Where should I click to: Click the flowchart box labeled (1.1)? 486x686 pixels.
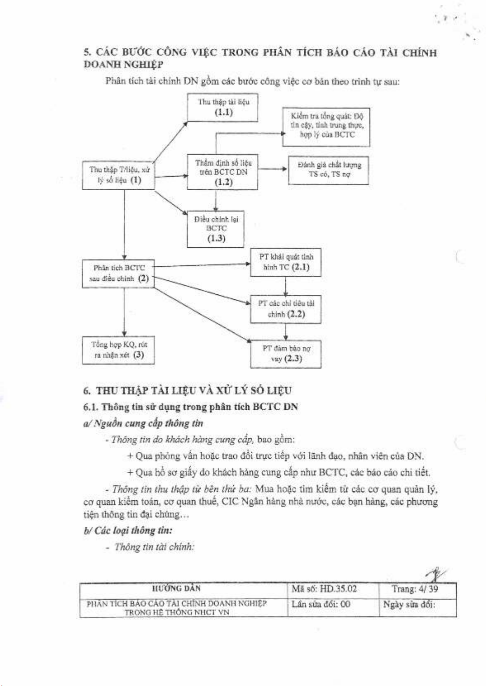223,107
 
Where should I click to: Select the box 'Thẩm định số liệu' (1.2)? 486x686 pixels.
223,172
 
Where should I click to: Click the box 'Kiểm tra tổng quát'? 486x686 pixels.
326,127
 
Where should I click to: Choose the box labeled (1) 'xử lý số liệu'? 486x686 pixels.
118,175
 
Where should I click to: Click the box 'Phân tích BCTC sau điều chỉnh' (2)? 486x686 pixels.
118,273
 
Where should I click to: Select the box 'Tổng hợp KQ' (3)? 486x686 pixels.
118,350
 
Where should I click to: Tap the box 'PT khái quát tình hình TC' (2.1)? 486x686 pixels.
286,262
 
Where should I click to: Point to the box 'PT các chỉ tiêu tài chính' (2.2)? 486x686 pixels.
286,309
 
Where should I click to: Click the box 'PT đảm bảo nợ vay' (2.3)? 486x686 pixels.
286,354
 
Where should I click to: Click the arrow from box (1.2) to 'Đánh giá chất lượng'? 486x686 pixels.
272,168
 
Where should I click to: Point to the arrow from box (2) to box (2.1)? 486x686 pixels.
202,265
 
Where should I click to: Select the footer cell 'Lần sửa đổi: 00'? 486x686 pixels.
321,604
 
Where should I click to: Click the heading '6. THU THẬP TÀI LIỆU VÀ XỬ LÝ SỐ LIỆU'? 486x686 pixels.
188,390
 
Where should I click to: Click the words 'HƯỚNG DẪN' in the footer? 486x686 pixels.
176,589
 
